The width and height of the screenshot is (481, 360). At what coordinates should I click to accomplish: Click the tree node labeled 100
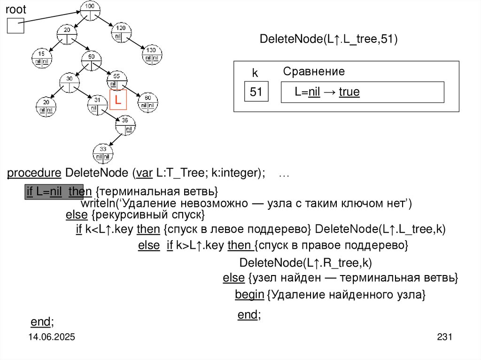click(90, 10)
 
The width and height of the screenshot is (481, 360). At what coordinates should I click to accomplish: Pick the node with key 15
click(42, 57)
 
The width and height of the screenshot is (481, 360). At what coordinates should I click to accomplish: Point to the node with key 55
click(116, 80)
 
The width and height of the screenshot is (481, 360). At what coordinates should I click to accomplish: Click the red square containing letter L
click(118, 100)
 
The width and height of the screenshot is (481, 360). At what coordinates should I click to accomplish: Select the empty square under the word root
click(15, 25)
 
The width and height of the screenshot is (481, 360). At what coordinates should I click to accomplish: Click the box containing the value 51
click(256, 92)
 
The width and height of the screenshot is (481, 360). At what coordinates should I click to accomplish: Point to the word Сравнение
click(314, 71)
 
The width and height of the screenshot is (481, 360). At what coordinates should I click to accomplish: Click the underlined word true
click(349, 92)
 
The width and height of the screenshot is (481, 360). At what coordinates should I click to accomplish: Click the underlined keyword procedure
click(34, 173)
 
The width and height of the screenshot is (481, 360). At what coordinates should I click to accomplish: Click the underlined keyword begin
click(249, 295)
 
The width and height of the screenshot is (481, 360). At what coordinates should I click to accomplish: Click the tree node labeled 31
click(97, 104)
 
